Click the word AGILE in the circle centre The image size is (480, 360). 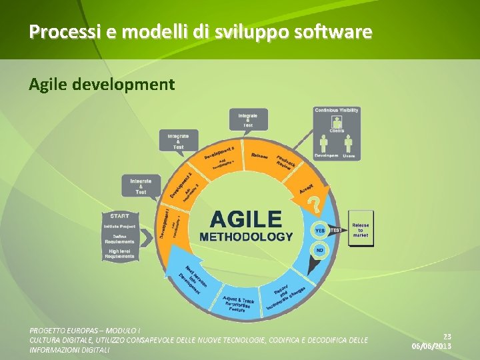coord(246,219)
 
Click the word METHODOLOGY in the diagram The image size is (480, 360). coord(246,236)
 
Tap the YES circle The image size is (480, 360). coord(320,231)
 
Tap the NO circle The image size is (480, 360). coord(320,250)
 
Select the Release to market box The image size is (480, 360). coord(361,229)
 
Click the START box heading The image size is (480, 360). coord(119,216)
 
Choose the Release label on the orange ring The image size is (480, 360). coord(260,157)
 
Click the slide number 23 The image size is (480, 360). coord(447,337)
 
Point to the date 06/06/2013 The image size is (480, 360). coord(431,347)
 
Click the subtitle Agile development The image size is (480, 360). coord(101,85)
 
